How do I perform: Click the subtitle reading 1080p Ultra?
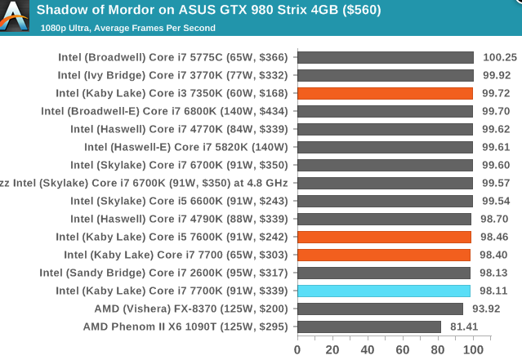pos(127,28)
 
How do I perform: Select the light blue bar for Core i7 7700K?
pos(384,291)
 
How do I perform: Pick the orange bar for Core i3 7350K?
pos(385,93)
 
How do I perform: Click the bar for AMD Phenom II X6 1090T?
pos(369,327)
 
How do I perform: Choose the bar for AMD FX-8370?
pos(380,309)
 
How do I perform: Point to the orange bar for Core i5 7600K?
pos(384,237)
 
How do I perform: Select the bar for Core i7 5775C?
pos(386,57)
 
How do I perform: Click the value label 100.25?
pos(498,57)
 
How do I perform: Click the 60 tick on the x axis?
pos(403,349)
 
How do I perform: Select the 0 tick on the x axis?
pos(297,349)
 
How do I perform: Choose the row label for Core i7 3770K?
pos(172,75)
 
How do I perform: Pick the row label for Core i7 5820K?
pos(186,147)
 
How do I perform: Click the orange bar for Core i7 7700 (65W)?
pos(384,255)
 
